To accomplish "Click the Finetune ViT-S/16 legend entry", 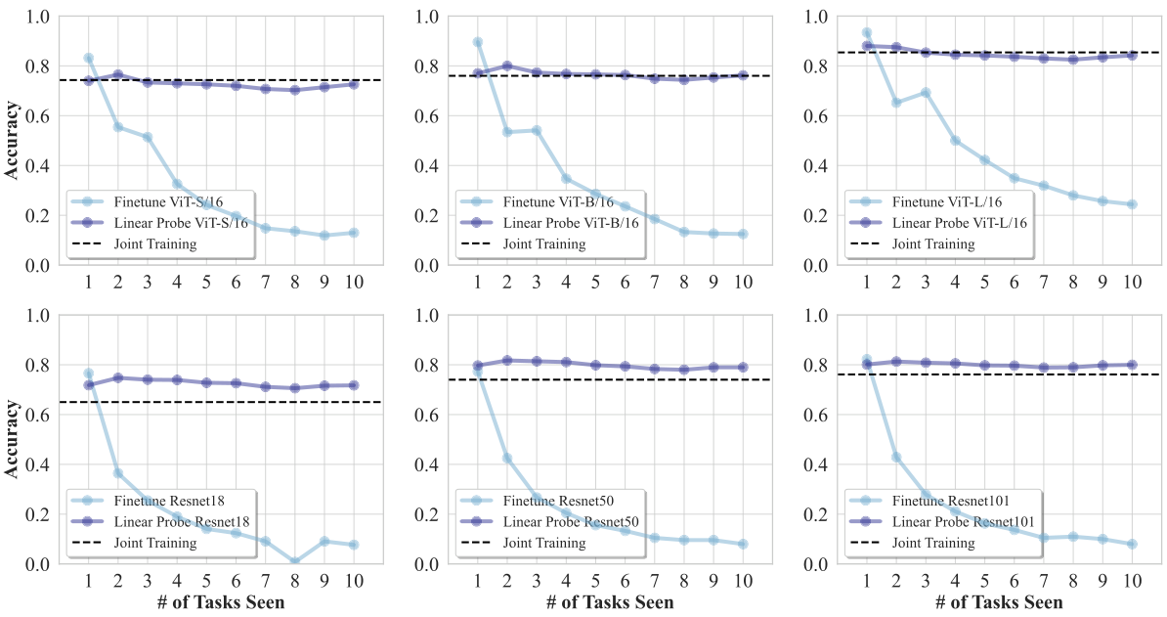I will (x=157, y=201).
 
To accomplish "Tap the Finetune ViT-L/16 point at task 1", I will (x=866, y=33).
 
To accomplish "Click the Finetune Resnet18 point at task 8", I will (x=295, y=562).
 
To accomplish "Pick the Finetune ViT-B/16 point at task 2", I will (x=507, y=132).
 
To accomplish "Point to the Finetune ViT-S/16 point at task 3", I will (x=148, y=137).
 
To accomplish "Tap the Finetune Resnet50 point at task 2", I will (x=507, y=458).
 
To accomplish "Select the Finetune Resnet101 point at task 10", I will (x=1132, y=544).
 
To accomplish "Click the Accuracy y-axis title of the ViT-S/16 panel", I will (x=12, y=141).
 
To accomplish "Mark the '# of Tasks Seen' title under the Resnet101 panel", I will (x=999, y=602).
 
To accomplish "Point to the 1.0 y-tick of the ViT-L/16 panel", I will (x=819, y=17).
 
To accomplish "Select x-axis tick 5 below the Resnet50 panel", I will (x=595, y=581).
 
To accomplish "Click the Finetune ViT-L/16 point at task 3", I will (x=925, y=93).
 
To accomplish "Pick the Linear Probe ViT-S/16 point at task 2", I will (x=118, y=75).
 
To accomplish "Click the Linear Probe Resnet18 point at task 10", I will (x=354, y=385).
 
